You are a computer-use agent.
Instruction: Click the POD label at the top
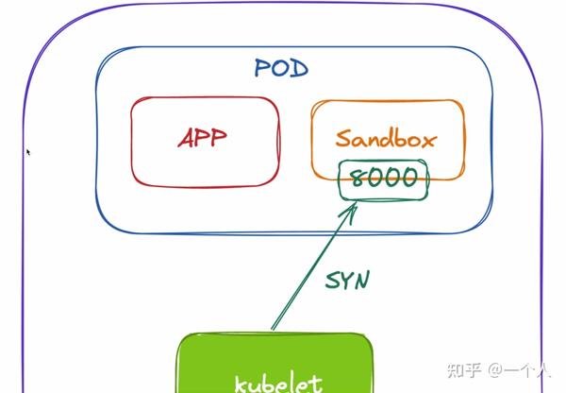tap(281, 68)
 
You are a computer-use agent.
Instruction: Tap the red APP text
tap(203, 139)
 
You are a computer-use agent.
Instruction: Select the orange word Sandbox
tap(387, 140)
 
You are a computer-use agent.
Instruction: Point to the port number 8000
tap(383, 177)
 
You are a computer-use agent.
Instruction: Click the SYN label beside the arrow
tap(347, 281)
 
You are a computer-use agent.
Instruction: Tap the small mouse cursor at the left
tap(27, 151)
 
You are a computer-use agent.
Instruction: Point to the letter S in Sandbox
tap(343, 140)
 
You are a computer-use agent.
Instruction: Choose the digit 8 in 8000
tap(357, 177)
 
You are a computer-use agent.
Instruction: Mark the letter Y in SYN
tap(347, 281)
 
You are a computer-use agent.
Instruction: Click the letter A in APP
tap(185, 139)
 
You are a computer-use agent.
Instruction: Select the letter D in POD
tap(299, 68)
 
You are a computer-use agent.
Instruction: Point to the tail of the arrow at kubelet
tap(274, 328)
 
